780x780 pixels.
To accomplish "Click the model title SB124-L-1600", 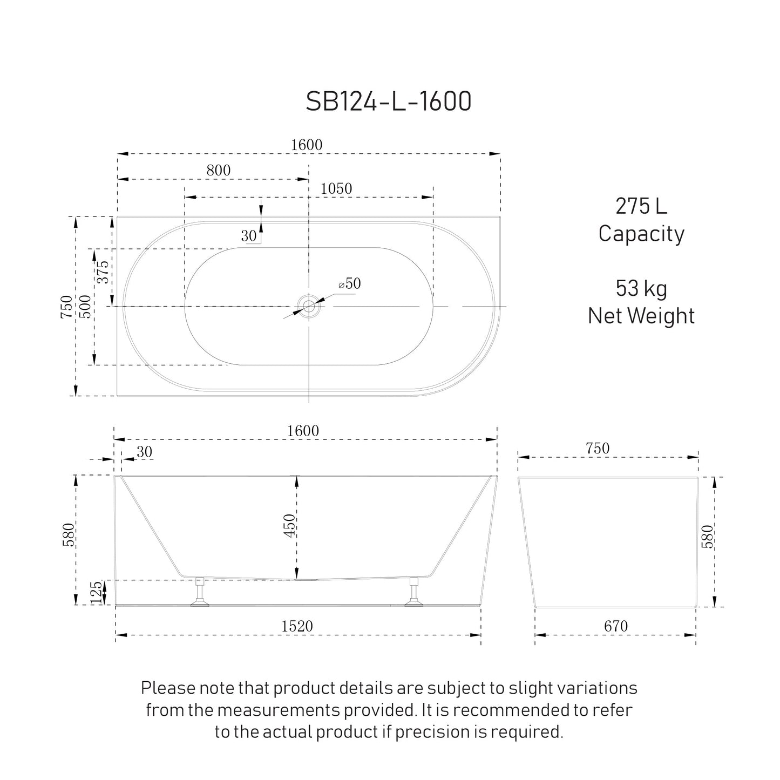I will coord(389,101).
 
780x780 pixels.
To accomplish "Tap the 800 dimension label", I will coord(219,170).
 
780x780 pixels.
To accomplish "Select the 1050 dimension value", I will coord(336,188).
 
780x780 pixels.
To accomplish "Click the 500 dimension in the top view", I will coord(85,306).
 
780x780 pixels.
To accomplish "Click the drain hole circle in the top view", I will coord(308,307).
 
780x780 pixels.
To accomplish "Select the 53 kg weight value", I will coord(641,288).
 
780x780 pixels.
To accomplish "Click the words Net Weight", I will coord(641,315).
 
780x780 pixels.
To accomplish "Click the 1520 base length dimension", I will coord(297,626).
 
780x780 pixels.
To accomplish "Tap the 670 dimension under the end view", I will coord(615,626).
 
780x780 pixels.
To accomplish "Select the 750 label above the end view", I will coord(597,449).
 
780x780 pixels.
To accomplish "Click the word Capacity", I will coord(641,234).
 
